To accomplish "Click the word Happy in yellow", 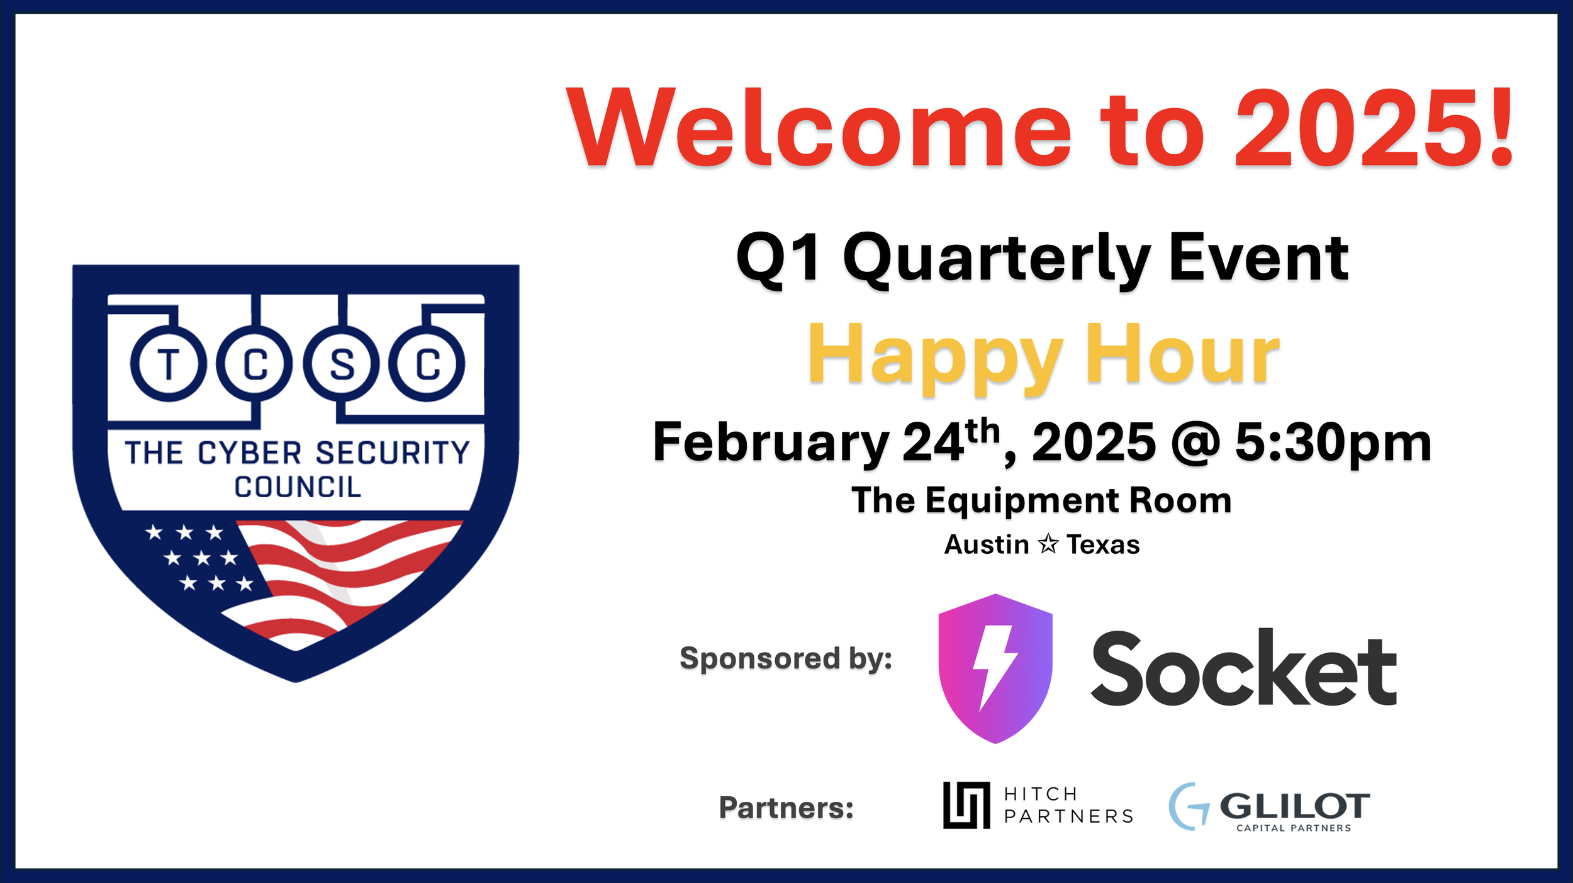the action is [x=936, y=357].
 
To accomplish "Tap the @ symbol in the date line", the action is [x=1195, y=444].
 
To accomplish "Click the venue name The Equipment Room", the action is [x=1041, y=502].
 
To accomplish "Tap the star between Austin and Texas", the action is [x=1048, y=544].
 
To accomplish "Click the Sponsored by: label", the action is [x=786, y=659].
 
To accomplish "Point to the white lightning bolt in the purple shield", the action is [x=995, y=668].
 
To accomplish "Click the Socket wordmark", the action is [x=1244, y=668].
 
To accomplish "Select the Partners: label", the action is [x=786, y=808].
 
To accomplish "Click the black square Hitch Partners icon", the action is [x=966, y=806].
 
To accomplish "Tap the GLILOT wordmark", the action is [x=1295, y=806].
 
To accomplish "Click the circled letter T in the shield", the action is [x=169, y=364].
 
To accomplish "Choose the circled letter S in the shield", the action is [x=342, y=364].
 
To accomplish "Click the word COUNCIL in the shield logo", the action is [x=298, y=487].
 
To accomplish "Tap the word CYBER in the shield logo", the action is [x=250, y=453].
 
